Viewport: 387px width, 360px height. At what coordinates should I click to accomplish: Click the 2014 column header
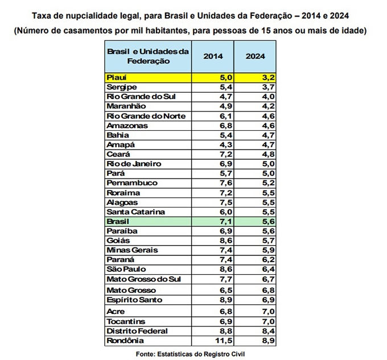pyautogui.click(x=213, y=56)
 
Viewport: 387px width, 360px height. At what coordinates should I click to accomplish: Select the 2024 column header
pyautogui.click(x=256, y=56)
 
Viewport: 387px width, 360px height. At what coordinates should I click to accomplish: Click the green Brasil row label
pyautogui.click(x=118, y=221)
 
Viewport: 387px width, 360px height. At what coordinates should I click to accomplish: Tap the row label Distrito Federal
pyautogui.click(x=137, y=331)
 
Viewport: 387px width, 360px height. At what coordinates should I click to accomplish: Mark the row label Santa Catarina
pyautogui.click(x=135, y=212)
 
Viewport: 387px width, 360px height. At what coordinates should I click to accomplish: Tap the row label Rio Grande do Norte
pyautogui.click(x=145, y=116)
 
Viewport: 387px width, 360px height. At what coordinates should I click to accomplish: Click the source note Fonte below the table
pyautogui.click(x=193, y=354)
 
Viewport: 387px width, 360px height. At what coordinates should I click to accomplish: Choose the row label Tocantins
pyautogui.click(x=126, y=321)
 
